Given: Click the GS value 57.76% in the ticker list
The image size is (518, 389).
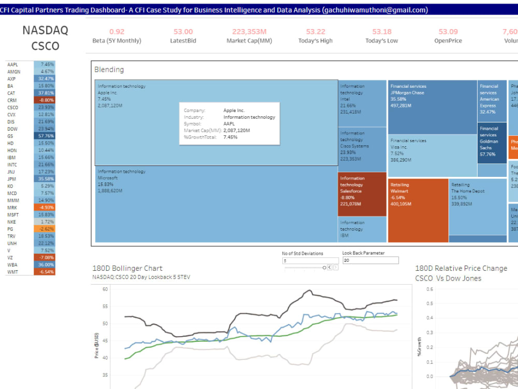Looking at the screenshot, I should [x=45, y=136].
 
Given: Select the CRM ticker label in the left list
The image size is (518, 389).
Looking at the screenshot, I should [x=11, y=100].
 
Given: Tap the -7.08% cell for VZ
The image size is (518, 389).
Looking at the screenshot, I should [x=45, y=257].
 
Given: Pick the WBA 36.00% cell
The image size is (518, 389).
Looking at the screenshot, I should [x=45, y=265].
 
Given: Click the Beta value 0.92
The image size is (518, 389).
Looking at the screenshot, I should [x=117, y=32].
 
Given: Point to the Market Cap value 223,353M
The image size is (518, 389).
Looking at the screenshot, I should [x=249, y=32].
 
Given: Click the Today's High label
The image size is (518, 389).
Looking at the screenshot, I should [x=315, y=41].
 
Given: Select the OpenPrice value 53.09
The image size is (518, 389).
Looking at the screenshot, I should [x=448, y=32].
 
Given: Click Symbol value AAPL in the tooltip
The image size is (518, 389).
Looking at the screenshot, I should [x=229, y=124].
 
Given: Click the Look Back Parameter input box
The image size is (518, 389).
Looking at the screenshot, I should [x=370, y=260].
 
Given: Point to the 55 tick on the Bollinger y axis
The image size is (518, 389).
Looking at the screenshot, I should [x=105, y=306].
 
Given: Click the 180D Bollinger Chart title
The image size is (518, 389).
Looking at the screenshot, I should [x=127, y=268].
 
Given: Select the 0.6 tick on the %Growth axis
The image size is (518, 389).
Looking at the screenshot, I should [x=429, y=289].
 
